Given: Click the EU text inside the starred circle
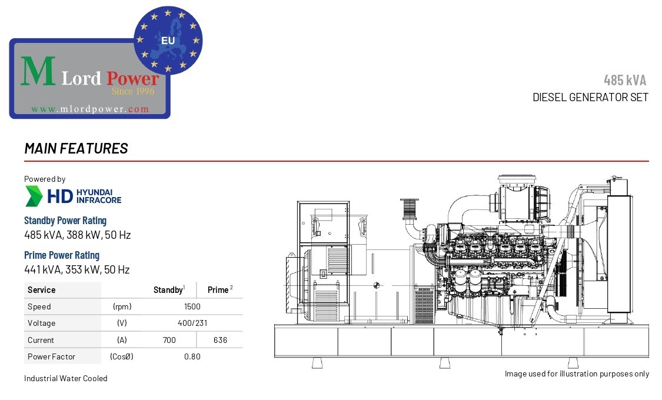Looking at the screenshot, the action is coord(168,41).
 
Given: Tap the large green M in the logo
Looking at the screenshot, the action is coord(38,71).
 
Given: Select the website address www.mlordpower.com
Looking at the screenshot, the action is coord(90,109).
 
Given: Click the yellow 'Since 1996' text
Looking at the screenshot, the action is coord(133,91).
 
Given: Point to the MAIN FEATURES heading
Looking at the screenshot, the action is coord(76,148).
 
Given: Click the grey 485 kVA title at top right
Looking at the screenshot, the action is coord(625,80).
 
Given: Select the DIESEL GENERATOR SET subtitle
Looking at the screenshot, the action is coord(590,98).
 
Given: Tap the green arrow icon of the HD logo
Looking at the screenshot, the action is coord(34,196).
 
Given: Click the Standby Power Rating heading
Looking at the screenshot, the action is coord(65,221).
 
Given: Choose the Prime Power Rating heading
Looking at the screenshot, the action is coord(62,255).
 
